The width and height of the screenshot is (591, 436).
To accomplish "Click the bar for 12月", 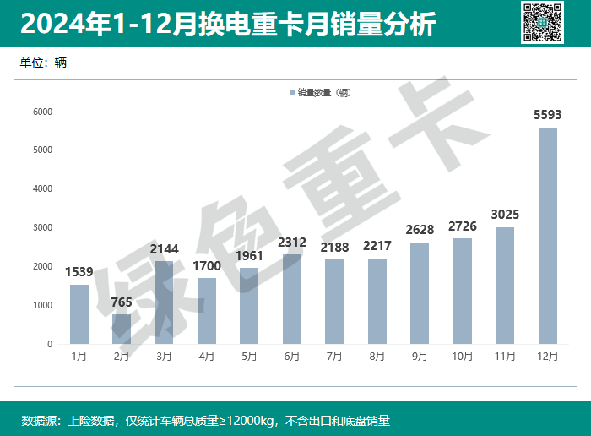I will [x=548, y=236].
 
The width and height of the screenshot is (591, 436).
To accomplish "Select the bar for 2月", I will [x=122, y=329].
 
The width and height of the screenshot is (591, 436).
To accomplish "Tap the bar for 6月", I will [x=292, y=299].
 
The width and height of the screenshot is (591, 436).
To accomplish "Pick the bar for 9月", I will [x=420, y=293].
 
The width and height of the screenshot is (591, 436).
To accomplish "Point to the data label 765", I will [x=122, y=302].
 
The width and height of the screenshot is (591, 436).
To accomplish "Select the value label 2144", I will [x=164, y=248].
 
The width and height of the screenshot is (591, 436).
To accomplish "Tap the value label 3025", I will [x=505, y=214].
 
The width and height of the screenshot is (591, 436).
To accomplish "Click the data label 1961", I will [x=249, y=255].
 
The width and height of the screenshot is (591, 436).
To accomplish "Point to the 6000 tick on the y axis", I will [x=42, y=112].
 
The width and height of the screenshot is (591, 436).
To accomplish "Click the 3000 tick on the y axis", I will [x=42, y=228].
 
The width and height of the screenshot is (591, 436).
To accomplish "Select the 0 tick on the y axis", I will [x=49, y=344].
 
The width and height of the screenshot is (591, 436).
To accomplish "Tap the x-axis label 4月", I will [x=207, y=357].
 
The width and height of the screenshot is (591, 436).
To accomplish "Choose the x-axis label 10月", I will [x=463, y=357].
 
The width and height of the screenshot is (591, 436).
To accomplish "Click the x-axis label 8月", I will [x=377, y=357].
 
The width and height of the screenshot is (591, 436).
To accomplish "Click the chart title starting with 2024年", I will [x=228, y=25].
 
